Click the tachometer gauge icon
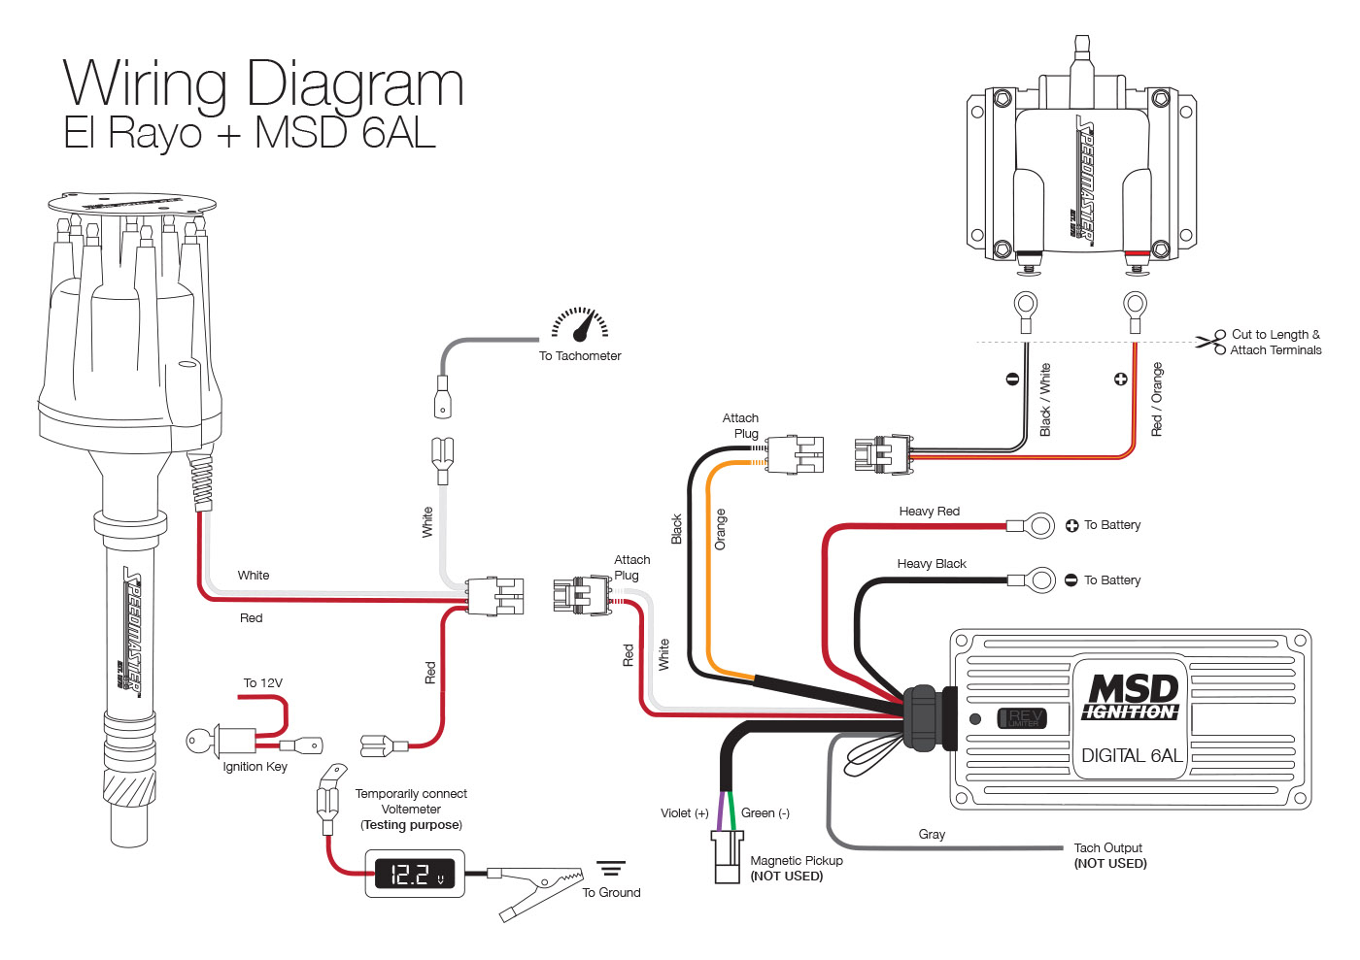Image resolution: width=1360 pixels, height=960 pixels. (x=581, y=324)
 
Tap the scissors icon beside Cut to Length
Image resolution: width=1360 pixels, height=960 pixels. (x=1211, y=342)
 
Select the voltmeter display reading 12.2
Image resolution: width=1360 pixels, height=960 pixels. (x=415, y=874)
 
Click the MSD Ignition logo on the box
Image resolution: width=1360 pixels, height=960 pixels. (x=1131, y=697)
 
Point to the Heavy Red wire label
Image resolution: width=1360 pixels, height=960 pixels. (x=929, y=512)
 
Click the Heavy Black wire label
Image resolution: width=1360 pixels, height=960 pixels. (x=931, y=564)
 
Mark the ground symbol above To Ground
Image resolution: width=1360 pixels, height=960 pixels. (x=610, y=868)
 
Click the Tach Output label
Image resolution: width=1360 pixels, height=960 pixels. (x=1108, y=848)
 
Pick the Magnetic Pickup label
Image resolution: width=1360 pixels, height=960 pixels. (x=797, y=861)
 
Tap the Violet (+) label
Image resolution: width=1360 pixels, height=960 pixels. (x=684, y=813)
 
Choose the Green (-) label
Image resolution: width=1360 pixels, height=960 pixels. (x=765, y=813)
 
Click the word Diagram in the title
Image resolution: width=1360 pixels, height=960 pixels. (x=356, y=84)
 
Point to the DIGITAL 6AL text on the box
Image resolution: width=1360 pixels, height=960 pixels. (x=1131, y=755)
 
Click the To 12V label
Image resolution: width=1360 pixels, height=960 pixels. (x=262, y=683)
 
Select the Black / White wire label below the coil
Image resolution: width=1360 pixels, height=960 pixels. (x=1045, y=399)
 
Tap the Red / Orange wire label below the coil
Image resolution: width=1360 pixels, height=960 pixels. (x=1157, y=399)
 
